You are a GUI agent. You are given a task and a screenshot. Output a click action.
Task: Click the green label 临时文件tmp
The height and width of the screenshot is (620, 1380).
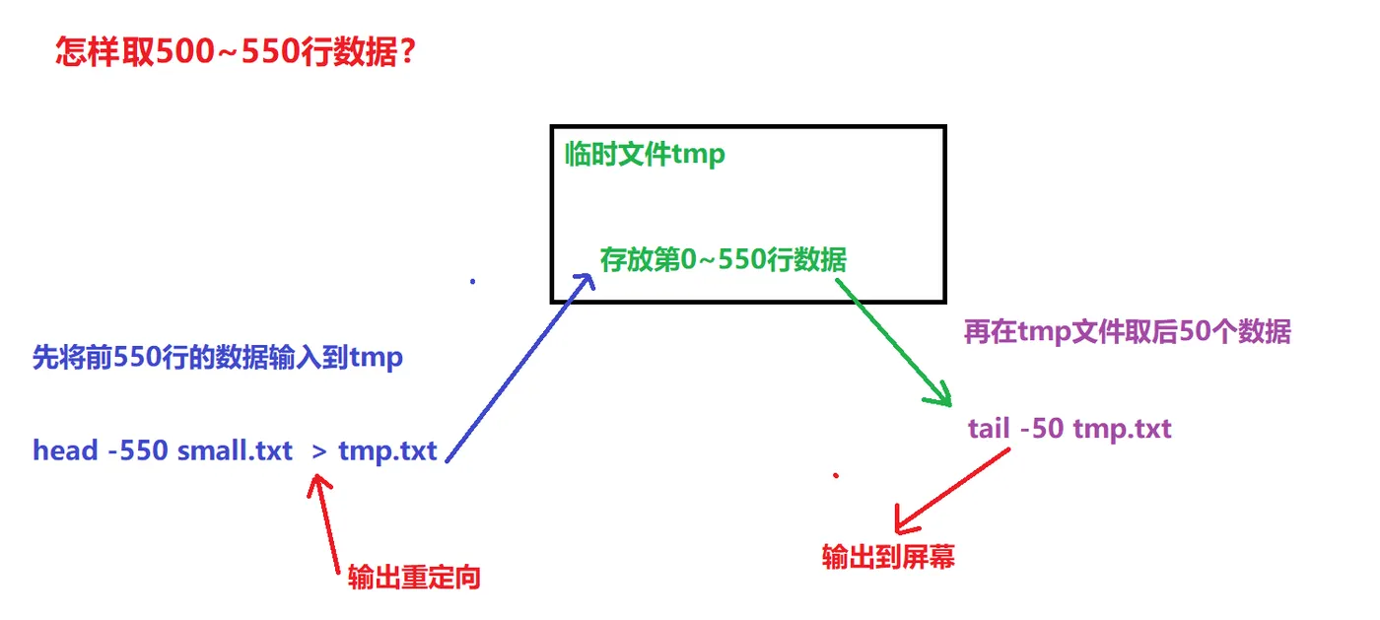(645, 155)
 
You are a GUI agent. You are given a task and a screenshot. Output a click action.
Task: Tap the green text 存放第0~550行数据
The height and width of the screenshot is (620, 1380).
(723, 260)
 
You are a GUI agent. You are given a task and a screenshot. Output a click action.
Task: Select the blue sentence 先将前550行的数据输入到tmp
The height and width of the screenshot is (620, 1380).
(218, 357)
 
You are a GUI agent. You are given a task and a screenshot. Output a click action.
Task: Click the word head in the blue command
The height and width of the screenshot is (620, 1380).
(65, 451)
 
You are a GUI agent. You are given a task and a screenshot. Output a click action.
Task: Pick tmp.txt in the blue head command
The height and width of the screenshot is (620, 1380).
(387, 451)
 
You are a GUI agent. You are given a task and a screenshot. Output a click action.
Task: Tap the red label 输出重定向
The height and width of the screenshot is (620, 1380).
(414, 578)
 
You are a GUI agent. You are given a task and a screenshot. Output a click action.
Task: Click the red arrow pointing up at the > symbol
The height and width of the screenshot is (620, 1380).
(327, 522)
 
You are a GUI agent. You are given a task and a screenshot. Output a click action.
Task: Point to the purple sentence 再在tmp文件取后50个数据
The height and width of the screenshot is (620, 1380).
(1127, 332)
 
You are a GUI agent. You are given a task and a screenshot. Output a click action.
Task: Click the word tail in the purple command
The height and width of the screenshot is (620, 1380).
(989, 430)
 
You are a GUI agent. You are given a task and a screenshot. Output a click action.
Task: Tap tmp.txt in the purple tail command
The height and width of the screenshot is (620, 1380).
(1122, 430)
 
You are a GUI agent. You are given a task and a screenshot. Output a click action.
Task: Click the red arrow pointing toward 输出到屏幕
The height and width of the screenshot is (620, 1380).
(951, 489)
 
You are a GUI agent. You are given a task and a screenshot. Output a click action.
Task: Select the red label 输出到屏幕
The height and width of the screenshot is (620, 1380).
(888, 558)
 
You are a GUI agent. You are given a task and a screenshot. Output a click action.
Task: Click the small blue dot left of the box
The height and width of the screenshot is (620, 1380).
(473, 281)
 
